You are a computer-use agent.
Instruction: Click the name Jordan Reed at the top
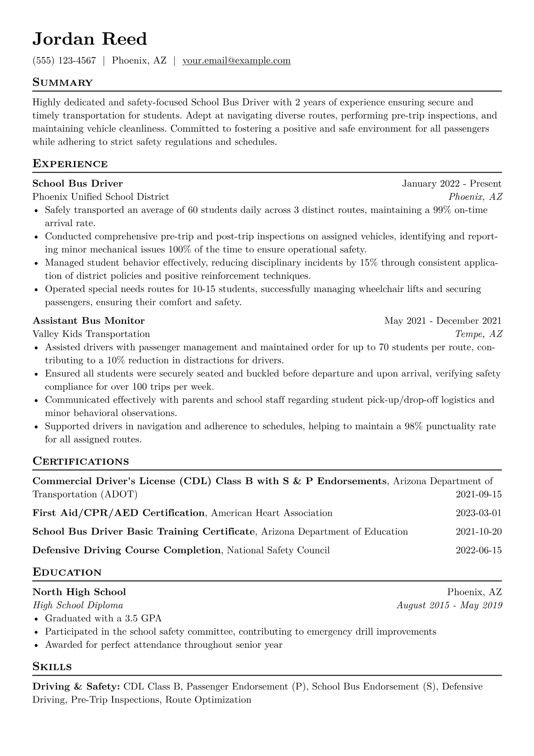(x=90, y=39)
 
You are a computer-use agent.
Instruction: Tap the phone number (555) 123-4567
(x=64, y=61)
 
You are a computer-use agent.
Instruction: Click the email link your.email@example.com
(x=236, y=61)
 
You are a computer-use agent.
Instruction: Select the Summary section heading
(x=62, y=83)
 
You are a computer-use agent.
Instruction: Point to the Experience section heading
(x=70, y=164)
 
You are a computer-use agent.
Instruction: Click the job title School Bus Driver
(x=78, y=183)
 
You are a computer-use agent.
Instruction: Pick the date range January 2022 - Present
(x=451, y=184)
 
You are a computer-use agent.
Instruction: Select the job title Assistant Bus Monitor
(x=88, y=321)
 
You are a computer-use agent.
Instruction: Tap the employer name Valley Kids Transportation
(x=91, y=334)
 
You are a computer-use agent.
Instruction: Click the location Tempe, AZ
(x=478, y=334)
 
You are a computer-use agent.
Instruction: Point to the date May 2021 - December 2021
(x=443, y=321)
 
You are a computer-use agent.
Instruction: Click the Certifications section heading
(x=81, y=461)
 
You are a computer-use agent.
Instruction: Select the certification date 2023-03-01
(x=478, y=513)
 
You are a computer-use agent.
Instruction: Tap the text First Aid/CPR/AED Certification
(x=118, y=513)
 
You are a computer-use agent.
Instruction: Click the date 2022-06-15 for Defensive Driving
(x=478, y=550)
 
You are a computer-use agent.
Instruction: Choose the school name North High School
(x=79, y=592)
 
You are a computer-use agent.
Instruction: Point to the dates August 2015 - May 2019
(x=449, y=605)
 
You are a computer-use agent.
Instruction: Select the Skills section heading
(x=52, y=667)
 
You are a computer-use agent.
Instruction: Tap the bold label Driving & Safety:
(x=76, y=686)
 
